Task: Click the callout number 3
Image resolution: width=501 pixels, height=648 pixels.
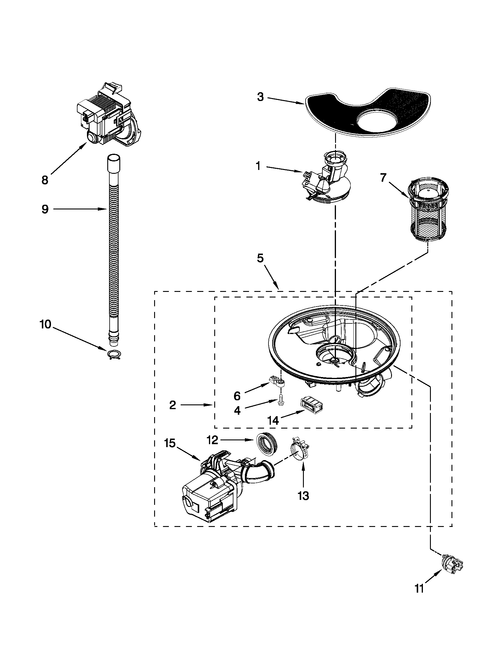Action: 260,97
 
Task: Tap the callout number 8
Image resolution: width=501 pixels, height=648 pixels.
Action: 45,180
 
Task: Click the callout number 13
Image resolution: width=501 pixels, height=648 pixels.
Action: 303,495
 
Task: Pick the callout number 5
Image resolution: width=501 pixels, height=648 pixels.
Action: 260,258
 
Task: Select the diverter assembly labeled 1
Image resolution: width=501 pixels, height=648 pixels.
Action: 327,181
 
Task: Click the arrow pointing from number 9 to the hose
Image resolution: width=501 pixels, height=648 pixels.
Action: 80,209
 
